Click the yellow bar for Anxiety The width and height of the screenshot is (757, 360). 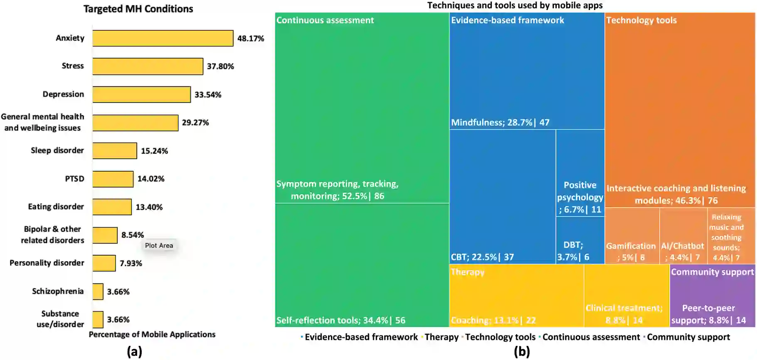pyautogui.click(x=163, y=38)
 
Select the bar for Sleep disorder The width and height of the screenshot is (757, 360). pyautogui.click(x=115, y=150)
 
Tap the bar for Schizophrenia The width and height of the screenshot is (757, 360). pyautogui.click(x=98, y=291)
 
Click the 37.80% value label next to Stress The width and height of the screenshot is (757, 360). pyautogui.click(x=220, y=66)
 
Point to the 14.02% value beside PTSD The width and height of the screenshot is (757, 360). pyautogui.click(x=151, y=179)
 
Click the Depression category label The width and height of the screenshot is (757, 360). pyautogui.click(x=63, y=94)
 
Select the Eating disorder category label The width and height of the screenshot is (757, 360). pyautogui.click(x=56, y=207)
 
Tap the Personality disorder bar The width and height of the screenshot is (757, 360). pyautogui.click(x=104, y=263)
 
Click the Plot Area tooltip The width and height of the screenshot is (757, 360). pyautogui.click(x=159, y=245)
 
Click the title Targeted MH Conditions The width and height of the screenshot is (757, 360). pyautogui.click(x=138, y=9)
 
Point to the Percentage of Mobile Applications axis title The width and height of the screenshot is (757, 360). pyautogui.click(x=152, y=334)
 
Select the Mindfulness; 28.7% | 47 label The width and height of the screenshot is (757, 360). pyautogui.click(x=500, y=122)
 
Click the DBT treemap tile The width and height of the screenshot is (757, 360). pyautogui.click(x=580, y=241)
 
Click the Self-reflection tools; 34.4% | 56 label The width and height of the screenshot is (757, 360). pyautogui.click(x=341, y=320)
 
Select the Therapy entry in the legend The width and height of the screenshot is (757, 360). pyautogui.click(x=441, y=337)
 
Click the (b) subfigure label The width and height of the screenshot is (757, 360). pyautogui.click(x=522, y=352)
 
